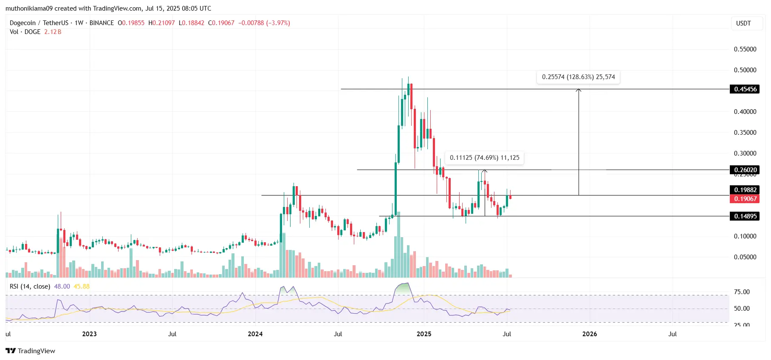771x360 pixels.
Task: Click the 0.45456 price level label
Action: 746,89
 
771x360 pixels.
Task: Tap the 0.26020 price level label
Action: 746,170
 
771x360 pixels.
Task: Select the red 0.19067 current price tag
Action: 746,199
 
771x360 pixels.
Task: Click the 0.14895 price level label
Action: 746,216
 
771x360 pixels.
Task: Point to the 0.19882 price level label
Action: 746,190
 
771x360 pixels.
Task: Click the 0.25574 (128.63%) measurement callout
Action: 578,77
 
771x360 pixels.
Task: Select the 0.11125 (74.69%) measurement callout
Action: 484,158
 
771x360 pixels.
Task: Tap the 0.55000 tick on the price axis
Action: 745,49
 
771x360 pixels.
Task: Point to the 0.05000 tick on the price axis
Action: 745,257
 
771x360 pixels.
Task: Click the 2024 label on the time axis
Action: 255,334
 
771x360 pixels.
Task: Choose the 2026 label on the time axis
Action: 589,334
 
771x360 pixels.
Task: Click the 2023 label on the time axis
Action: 89,334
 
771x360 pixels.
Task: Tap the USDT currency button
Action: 743,23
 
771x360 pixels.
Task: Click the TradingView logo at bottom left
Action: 30,351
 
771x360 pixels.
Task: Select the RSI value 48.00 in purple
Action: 62,286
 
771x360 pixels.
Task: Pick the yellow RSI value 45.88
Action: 82,286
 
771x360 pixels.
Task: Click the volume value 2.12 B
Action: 53,32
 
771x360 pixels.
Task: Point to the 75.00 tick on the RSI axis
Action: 742,292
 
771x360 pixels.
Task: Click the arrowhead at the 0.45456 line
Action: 578,90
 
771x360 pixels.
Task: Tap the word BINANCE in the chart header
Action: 102,23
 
